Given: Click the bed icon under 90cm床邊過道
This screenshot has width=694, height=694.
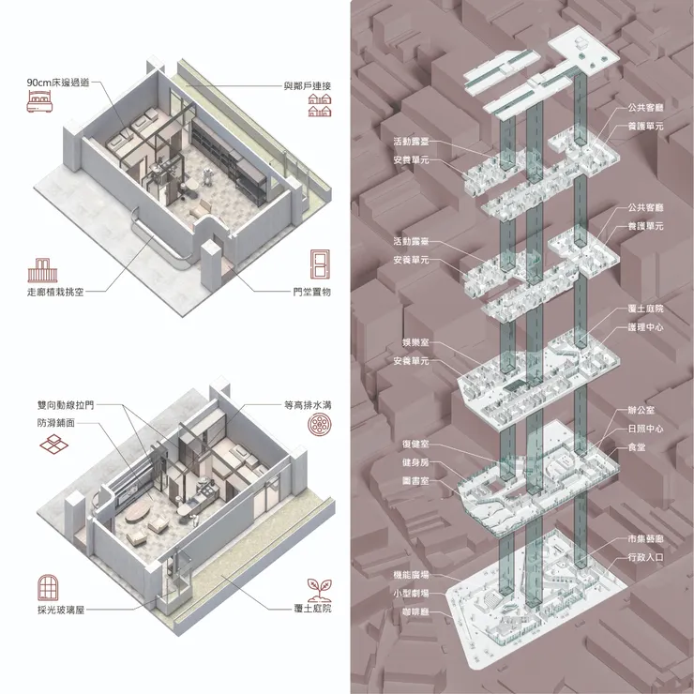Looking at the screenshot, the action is point(40,101).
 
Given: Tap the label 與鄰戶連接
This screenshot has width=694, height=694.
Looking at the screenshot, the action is point(308,86).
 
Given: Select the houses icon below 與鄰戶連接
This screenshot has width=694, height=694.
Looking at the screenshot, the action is point(320,105).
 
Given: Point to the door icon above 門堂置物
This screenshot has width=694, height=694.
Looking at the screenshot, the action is point(320,264).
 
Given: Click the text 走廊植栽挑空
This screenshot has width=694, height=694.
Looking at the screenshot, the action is point(55,292).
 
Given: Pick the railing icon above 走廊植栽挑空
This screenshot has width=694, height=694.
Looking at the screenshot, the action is point(42,270).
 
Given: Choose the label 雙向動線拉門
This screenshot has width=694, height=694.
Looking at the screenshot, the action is point(66,405).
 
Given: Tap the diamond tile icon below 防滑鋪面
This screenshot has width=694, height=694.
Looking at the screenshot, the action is point(54,445).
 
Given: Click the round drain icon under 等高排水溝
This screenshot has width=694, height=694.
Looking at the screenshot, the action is point(320,425).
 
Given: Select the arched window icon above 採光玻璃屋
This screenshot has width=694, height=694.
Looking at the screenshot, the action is point(48,588).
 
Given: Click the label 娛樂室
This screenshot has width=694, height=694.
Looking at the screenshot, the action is point(415,342).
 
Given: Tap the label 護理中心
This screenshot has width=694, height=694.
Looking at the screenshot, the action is point(646,327).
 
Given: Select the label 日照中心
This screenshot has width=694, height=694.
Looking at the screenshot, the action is point(646,429).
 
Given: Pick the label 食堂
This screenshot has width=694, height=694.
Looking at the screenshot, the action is point(637,447).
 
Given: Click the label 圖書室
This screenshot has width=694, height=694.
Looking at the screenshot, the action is point(415,481).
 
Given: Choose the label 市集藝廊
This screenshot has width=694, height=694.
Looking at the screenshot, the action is point(646,538).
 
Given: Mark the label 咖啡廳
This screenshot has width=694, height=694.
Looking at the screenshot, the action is point(415,612).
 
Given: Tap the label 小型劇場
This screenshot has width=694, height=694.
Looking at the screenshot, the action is point(411,594).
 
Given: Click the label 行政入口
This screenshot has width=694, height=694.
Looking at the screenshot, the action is point(646,557).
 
